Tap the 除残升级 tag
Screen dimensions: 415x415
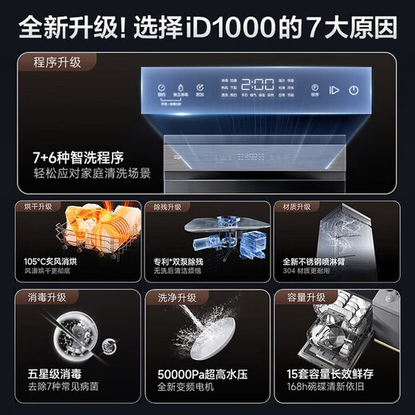pos(169,207)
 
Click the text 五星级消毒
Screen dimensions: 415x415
pos(54,373)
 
